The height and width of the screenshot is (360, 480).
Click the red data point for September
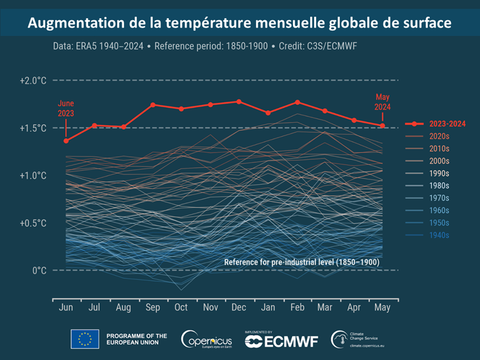click(x=153, y=105)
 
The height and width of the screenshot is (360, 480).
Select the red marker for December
click(x=239, y=102)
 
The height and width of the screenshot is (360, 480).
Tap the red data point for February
click(x=297, y=102)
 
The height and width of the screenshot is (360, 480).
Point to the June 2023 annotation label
click(x=66, y=108)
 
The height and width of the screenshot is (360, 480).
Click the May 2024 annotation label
click(x=383, y=102)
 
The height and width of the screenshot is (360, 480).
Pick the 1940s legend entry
click(x=439, y=235)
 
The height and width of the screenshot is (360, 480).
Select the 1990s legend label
click(x=439, y=173)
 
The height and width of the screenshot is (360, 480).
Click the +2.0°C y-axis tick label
click(x=33, y=80)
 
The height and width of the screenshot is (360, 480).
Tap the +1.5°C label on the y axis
click(x=33, y=128)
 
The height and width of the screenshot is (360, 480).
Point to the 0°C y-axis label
click(x=39, y=271)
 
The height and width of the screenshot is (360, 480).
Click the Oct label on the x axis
click(x=181, y=307)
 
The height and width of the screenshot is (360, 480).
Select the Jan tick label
click(x=268, y=307)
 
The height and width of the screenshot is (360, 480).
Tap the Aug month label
click(x=123, y=307)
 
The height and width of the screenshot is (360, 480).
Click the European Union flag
click(x=85, y=339)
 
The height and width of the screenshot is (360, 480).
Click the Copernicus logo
click(x=206, y=340)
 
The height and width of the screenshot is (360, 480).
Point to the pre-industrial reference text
click(x=301, y=262)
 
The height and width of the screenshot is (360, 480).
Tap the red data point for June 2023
click(x=66, y=141)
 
